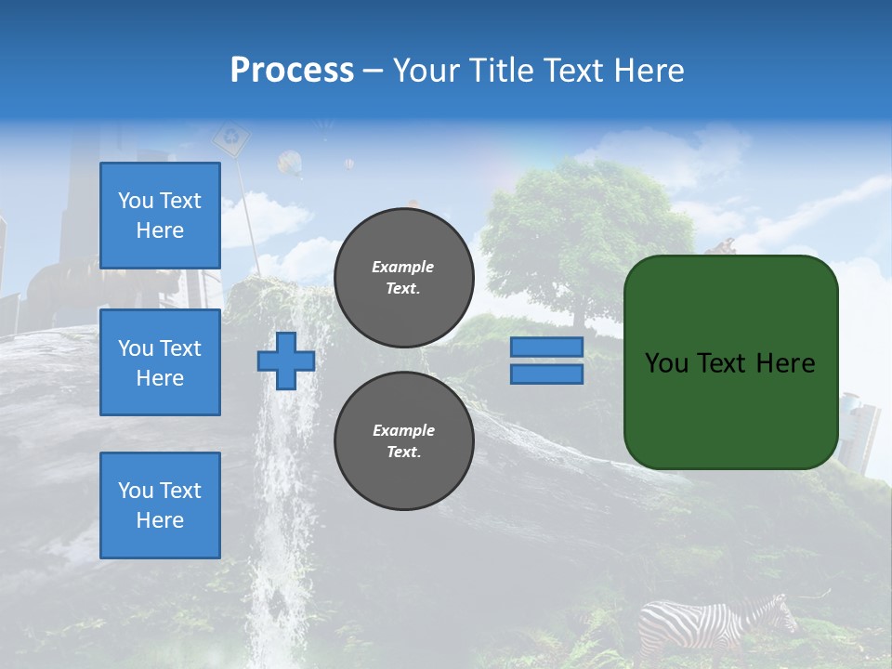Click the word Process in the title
pos(292,71)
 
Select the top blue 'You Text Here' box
pos(160,216)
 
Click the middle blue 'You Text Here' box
pos(160,362)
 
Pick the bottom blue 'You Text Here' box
pos(160,505)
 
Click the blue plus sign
pos(286,361)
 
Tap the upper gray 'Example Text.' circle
pos(403,278)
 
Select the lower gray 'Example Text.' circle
pos(403,441)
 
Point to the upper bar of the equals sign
pos(546,347)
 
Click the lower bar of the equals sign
pos(546,374)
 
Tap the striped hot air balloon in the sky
pos(290,164)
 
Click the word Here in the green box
pos(786,363)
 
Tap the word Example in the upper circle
pos(403,267)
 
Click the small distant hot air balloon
pos(348,164)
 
